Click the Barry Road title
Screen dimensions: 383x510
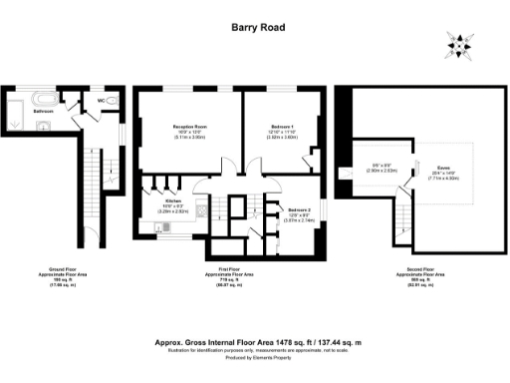255,29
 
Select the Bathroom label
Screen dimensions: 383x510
43,112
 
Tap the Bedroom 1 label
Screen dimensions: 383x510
284,127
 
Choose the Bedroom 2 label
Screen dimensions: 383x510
287,210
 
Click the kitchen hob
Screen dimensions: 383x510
201,211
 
